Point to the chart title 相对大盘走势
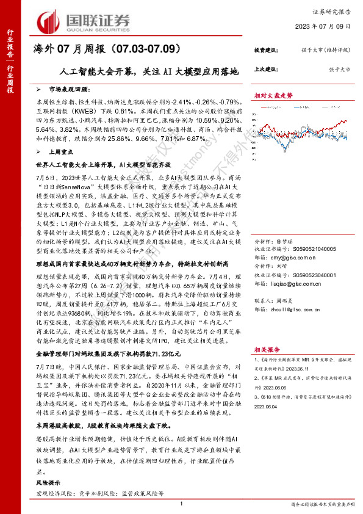click(273, 96)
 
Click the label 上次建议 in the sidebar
click(267, 69)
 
